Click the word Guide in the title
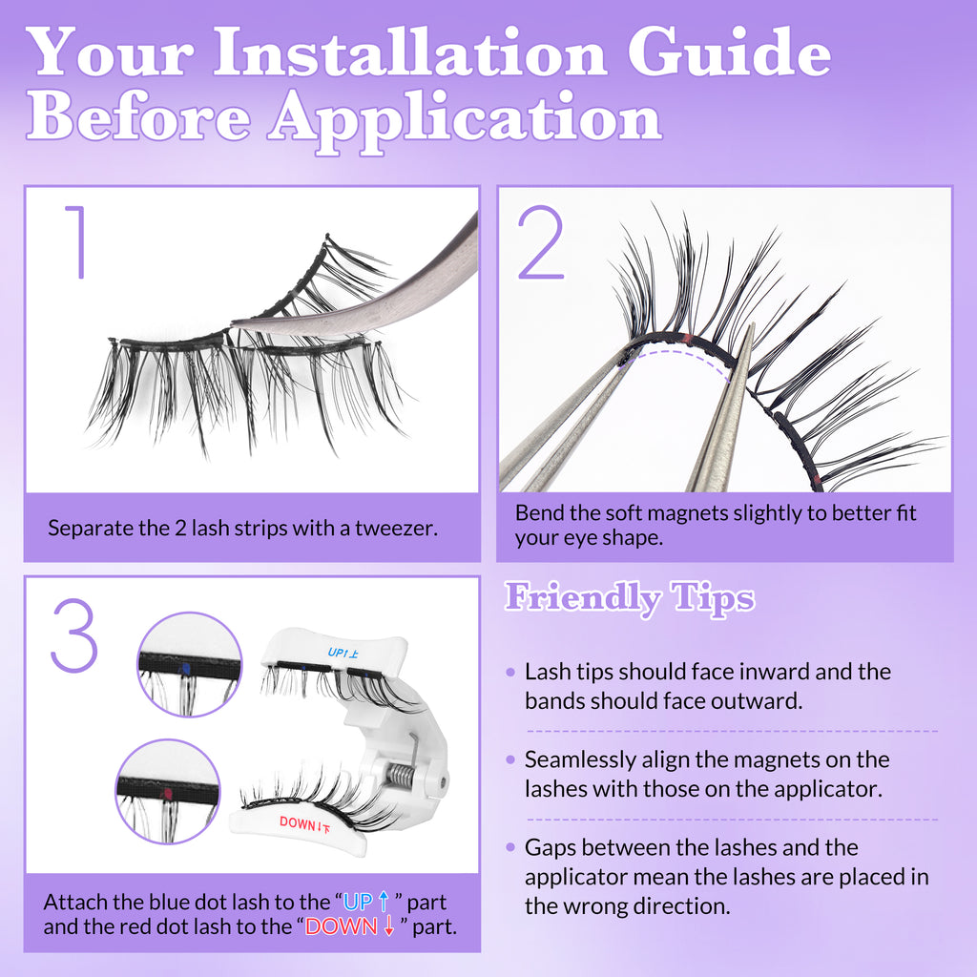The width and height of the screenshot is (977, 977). pyautogui.click(x=729, y=53)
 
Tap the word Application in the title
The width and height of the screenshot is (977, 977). pyautogui.click(x=466, y=119)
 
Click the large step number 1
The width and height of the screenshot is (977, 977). pyautogui.click(x=77, y=241)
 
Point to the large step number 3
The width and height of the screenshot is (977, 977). pyautogui.click(x=74, y=635)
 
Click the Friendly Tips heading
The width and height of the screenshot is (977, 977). pyautogui.click(x=630, y=598)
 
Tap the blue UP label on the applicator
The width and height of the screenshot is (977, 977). pyautogui.click(x=343, y=653)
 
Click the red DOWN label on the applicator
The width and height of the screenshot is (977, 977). pyautogui.click(x=304, y=824)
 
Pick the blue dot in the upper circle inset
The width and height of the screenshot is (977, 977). pyautogui.click(x=184, y=669)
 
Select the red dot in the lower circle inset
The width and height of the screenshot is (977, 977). pyautogui.click(x=167, y=794)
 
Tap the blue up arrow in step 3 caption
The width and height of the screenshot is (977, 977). pyautogui.click(x=384, y=902)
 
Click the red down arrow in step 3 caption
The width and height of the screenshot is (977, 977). pyautogui.click(x=389, y=926)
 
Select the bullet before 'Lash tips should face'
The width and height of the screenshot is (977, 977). pyautogui.click(x=511, y=672)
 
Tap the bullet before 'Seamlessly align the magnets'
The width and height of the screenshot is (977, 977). pyautogui.click(x=511, y=759)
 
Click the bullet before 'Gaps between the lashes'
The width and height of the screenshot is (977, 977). pyautogui.click(x=511, y=847)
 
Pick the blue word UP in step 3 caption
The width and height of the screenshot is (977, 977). pyautogui.click(x=358, y=903)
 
